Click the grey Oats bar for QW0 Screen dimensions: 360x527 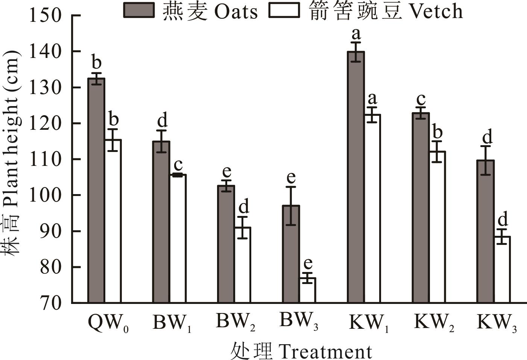pyautogui.click(x=96, y=190)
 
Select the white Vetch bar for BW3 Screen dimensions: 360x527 pyautogui.click(x=307, y=290)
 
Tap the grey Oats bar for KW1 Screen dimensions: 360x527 pyautogui.click(x=356, y=177)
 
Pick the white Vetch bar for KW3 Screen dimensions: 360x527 pyautogui.click(x=502, y=269)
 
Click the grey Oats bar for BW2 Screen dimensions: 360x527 pyautogui.click(x=226, y=244)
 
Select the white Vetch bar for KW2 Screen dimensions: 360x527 pyautogui.click(x=437, y=227)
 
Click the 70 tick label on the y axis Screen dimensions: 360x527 pyautogui.click(x=50, y=303)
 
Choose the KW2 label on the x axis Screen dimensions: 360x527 pyautogui.click(x=434, y=323)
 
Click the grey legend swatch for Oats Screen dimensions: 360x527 pyautogui.click(x=139, y=10)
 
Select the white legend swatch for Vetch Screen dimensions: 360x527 pyautogui.click(x=284, y=10)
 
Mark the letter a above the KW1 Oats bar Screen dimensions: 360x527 pyautogui.click(x=356, y=34)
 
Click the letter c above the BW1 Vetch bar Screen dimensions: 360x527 pyautogui.click(x=178, y=164)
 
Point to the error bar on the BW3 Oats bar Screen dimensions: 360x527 pyautogui.click(x=291, y=206)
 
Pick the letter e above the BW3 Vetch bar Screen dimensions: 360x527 pyautogui.click(x=308, y=263)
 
